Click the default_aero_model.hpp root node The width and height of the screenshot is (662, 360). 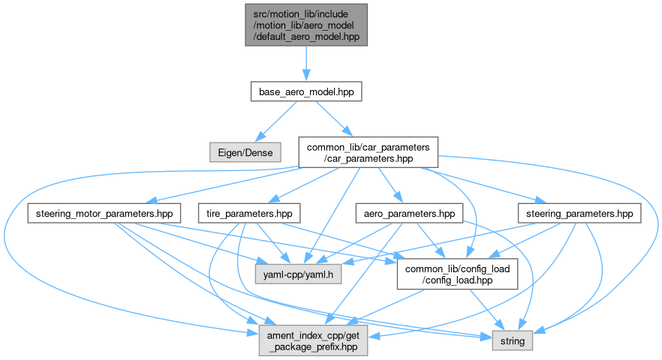point(305,24)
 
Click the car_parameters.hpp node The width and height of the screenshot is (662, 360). point(368,151)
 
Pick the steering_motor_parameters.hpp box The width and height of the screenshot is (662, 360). point(104,214)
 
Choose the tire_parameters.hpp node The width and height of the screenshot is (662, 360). point(249,214)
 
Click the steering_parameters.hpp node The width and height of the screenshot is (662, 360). point(578,214)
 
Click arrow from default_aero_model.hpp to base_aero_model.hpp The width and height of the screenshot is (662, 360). point(305,63)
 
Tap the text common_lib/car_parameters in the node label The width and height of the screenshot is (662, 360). point(368,146)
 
